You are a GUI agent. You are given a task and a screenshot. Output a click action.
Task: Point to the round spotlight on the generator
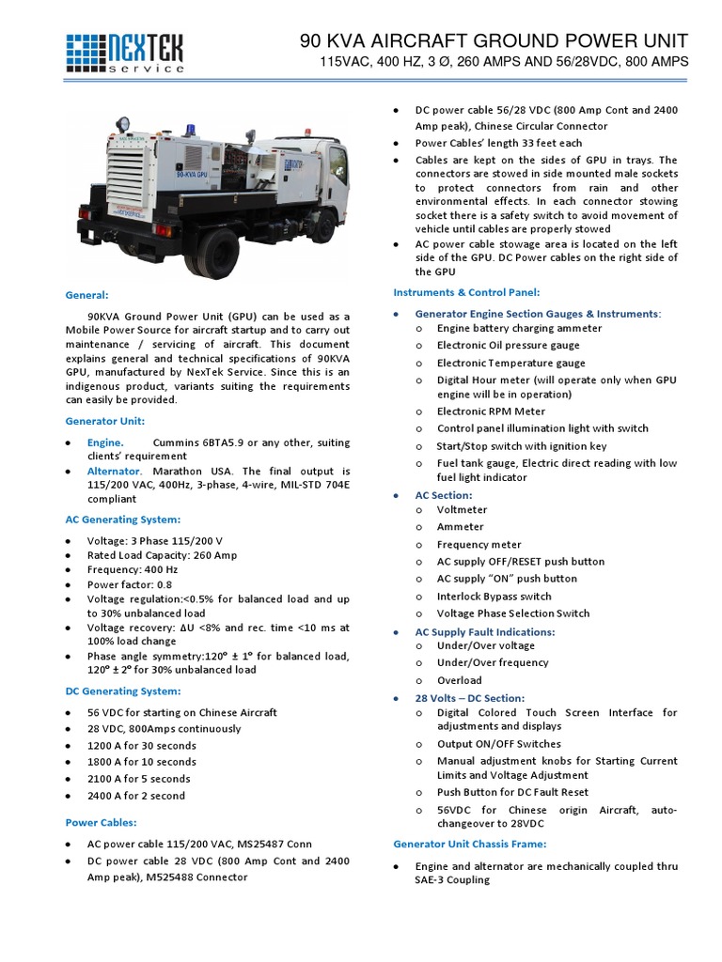pos(123,124)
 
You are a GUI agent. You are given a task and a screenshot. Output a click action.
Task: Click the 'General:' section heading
pos(86,294)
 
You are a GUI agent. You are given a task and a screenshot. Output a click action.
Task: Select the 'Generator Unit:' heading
pos(104,421)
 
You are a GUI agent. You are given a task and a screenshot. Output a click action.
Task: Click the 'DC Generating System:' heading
pos(122,690)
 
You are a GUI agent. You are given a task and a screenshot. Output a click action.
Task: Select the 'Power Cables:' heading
pos(101,822)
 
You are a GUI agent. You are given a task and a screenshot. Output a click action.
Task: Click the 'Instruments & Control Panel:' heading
pos(465,292)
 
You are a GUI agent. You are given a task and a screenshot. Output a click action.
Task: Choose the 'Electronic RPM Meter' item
pos(491,411)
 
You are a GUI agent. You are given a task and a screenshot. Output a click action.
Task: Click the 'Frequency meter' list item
pos(479,544)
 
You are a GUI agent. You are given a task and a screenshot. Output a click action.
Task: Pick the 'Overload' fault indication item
pos(459,680)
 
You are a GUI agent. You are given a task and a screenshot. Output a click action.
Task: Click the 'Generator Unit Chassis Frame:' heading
pos(469,844)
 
